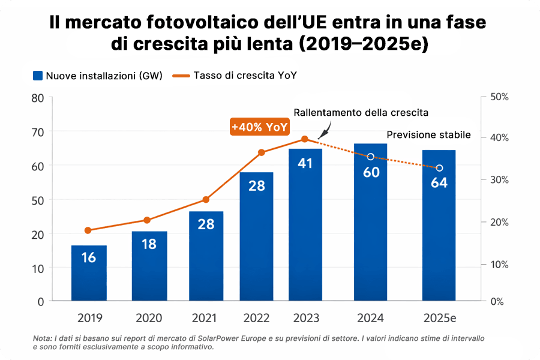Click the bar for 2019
coord(89,273)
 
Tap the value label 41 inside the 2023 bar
coord(305,163)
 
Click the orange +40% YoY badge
coord(260,127)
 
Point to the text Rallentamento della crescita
coord(361,113)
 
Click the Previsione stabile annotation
coord(428,135)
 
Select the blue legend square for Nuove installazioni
coord(38,76)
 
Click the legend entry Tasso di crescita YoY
coord(243,76)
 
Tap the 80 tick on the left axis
coord(37,97)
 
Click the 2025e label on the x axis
coord(439,318)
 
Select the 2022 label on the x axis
coord(257,318)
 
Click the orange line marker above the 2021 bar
coord(206,200)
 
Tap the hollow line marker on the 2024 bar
coord(370,157)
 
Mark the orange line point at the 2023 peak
coord(305,139)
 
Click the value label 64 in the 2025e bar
coord(439,183)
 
